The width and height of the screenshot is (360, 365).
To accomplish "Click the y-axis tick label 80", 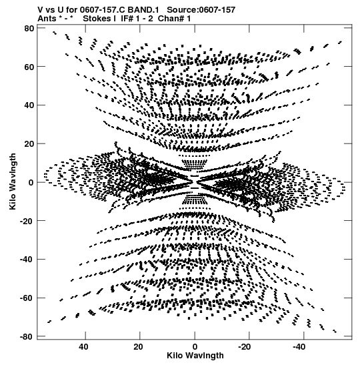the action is tap(29, 29).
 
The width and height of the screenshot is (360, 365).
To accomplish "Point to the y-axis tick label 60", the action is tap(29, 67).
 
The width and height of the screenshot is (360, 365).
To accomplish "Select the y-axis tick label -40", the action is tap(27, 260).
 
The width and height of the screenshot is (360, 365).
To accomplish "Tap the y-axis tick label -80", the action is tap(27, 336).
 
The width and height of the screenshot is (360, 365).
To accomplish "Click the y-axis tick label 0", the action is tap(31, 183).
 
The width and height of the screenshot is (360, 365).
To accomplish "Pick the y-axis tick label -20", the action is tap(27, 221).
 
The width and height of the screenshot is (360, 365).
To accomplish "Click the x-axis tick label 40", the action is tap(83, 347).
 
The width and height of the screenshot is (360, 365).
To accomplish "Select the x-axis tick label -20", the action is tap(245, 347).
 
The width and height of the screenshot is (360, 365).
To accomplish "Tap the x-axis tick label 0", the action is tap(195, 347).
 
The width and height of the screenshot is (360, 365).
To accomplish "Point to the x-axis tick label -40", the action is tap(299, 347).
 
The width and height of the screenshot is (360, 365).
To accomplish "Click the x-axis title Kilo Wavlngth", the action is tap(195, 356).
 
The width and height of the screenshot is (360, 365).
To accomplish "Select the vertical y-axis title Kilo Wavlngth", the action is tap(13, 181).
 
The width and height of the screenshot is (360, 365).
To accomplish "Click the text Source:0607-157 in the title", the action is tap(201, 10).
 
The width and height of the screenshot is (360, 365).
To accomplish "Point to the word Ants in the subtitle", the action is tap(47, 19).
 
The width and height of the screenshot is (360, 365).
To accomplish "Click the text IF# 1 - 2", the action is tap(137, 19).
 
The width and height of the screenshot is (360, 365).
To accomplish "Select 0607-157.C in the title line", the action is tap(102, 10).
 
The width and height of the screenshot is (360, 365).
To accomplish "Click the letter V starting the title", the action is tap(40, 10).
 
